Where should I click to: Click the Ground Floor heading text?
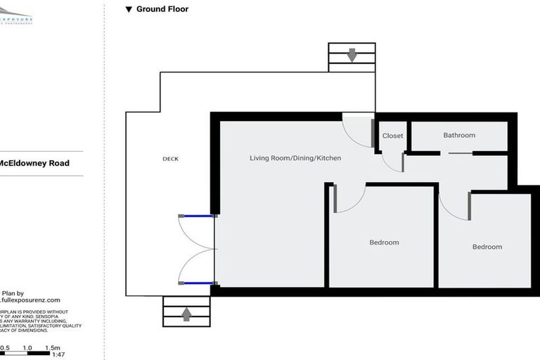[162, 9]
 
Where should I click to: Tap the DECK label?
[170, 159]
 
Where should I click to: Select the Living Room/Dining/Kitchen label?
[295, 158]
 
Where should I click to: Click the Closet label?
[392, 136]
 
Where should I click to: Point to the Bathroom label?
[459, 135]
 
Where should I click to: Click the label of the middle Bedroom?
[384, 243]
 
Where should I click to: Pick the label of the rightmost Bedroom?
[487, 247]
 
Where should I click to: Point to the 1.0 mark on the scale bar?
[28, 348]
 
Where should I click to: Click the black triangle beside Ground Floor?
[129, 10]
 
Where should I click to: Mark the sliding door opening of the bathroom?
[450, 153]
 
